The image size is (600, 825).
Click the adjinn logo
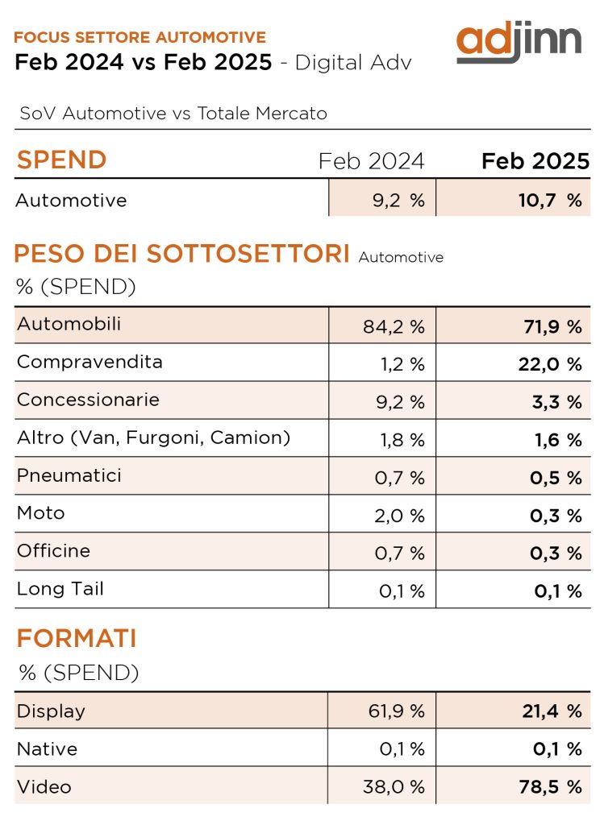point(519,43)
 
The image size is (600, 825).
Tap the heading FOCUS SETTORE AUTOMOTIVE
point(140,37)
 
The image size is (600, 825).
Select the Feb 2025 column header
point(535,161)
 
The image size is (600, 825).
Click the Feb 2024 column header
point(371,161)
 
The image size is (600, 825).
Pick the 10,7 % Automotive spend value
point(549,201)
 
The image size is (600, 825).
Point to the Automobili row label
point(69,324)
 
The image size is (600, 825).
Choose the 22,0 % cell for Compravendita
point(549,364)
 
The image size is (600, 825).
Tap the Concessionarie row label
point(88,400)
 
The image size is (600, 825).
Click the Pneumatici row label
point(69,475)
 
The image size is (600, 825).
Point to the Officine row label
point(54,551)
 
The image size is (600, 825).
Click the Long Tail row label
point(60,589)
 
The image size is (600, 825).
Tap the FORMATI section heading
point(77,639)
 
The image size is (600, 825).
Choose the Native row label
point(48,749)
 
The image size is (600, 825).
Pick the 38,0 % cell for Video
point(393,787)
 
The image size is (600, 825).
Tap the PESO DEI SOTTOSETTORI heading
point(181,254)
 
